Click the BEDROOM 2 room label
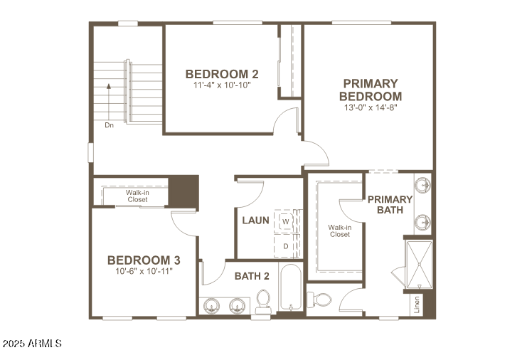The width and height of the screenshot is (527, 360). click(x=221, y=74)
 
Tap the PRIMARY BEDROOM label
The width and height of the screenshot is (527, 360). click(x=370, y=90)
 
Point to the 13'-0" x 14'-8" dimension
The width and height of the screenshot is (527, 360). click(x=370, y=107)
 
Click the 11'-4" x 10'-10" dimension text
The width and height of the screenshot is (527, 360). click(x=221, y=85)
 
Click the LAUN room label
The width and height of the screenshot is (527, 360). click(x=255, y=221)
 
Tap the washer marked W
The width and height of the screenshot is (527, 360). click(x=285, y=221)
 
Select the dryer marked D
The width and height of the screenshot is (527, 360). click(x=285, y=246)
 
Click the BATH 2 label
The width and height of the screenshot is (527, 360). click(x=252, y=276)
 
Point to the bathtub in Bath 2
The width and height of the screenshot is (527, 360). click(x=290, y=288)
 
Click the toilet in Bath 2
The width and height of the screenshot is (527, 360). click(x=263, y=301)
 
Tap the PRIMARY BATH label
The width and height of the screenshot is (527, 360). click(x=390, y=205)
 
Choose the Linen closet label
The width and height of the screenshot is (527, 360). click(x=417, y=304)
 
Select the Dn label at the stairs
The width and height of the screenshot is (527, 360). click(x=109, y=125)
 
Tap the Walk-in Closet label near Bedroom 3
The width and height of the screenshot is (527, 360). click(x=137, y=196)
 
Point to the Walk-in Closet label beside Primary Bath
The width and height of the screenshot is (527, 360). click(x=339, y=231)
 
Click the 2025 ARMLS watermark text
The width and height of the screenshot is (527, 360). click(x=32, y=344)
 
